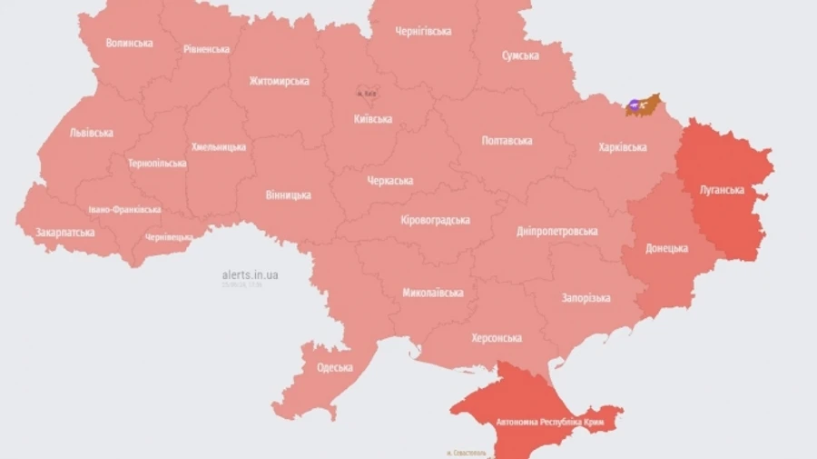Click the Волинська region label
tap(129, 43)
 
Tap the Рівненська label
tap(206, 49)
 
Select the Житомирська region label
tap(279, 81)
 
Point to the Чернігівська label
tap(423, 31)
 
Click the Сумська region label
tap(520, 55)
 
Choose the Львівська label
tap(91, 133)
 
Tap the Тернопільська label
tap(157, 164)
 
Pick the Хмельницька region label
tap(218, 146)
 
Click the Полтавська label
tap(507, 141)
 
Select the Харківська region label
tap(623, 147)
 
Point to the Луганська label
tap(723, 191)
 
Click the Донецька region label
tap(666, 248)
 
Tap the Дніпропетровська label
tap(556, 231)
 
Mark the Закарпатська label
tap(64, 233)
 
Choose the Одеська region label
tap(335, 367)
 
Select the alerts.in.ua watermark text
tap(250, 274)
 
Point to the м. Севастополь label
tap(468, 452)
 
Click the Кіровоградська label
tap(435, 221)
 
